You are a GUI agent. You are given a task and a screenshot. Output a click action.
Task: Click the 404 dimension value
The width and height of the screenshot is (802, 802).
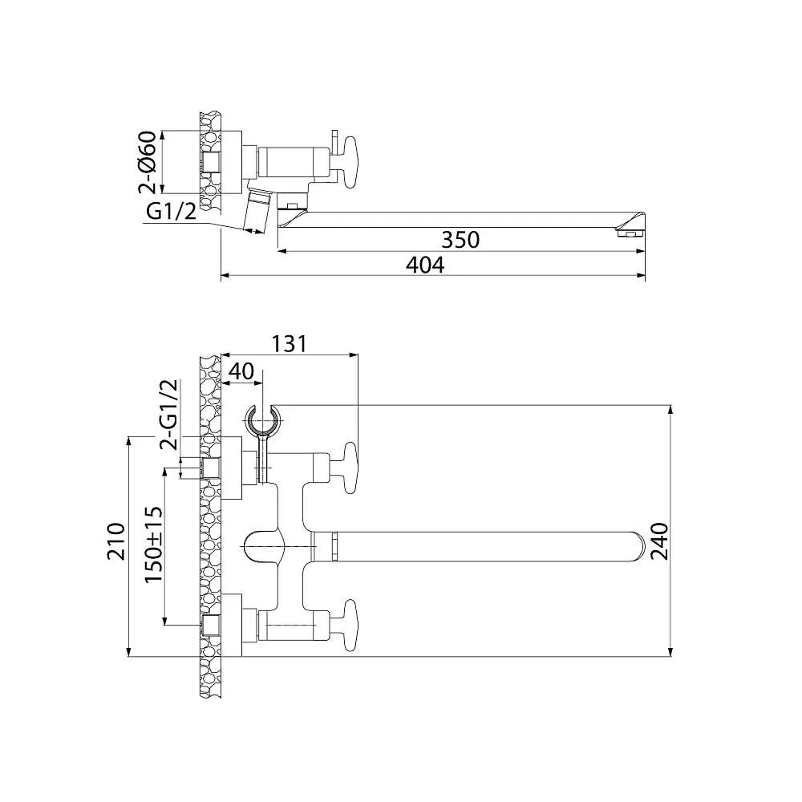coord(424,265)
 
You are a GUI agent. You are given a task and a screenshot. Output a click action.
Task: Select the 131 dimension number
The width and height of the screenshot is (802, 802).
coord(289,343)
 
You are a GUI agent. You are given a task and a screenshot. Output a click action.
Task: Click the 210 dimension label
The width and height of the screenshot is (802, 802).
coord(115,542)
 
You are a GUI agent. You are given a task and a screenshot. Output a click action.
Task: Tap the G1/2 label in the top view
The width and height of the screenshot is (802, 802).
coord(172,212)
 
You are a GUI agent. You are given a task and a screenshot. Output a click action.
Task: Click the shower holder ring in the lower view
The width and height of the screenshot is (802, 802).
coord(263,419)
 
